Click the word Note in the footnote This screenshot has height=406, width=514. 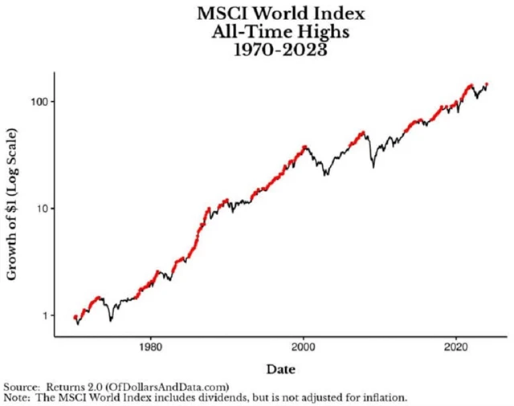click(x=17, y=397)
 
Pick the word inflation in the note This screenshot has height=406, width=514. click(x=384, y=397)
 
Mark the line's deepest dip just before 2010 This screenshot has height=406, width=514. click(x=373, y=167)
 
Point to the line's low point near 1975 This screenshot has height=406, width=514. click(x=110, y=319)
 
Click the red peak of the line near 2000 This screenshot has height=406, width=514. click(x=304, y=147)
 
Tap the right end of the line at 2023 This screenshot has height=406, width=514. click(x=487, y=83)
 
